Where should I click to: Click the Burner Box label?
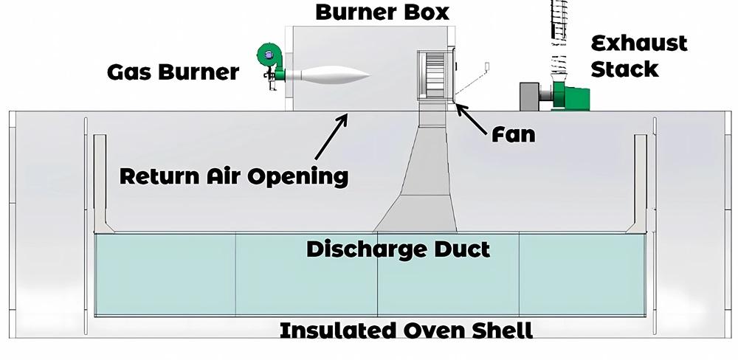(x=382, y=13)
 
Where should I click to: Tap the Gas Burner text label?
(x=173, y=72)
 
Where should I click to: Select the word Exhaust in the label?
(x=639, y=43)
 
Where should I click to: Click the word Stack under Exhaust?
(x=624, y=69)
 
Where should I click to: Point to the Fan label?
(x=513, y=134)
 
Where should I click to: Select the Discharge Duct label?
(x=398, y=249)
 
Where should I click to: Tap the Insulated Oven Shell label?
(x=406, y=330)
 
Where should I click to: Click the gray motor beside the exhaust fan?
(x=531, y=97)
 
